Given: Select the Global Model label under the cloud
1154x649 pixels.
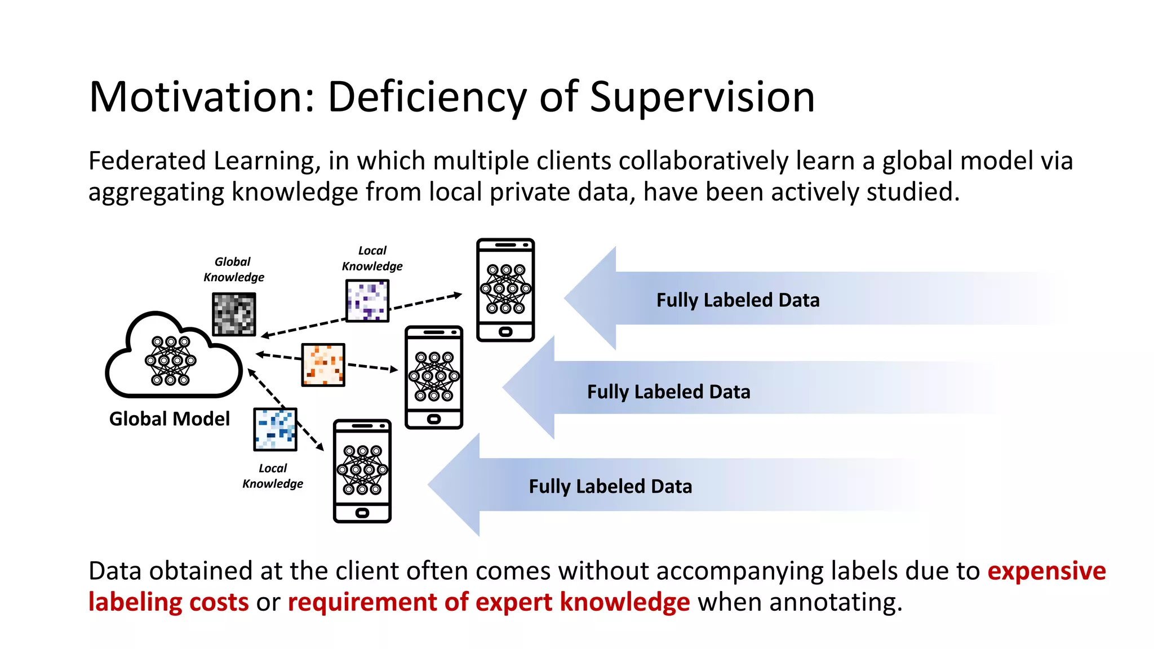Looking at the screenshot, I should pos(170,419).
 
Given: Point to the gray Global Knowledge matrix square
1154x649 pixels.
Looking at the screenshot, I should pos(234,314).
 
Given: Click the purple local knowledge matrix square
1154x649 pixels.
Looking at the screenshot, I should pos(367,300).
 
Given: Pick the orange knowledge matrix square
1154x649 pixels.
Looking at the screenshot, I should pos(323,364).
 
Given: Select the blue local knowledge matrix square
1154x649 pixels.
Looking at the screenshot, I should pos(275,429).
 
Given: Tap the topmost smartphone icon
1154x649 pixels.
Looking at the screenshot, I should pos(505,290).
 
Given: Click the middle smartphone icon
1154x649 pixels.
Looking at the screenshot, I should pos(434,377).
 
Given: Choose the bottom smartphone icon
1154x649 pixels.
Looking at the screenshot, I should pos(362,470).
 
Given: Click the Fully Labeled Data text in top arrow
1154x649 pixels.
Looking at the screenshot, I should pos(738,300).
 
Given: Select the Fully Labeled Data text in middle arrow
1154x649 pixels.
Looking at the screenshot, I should pos(668,392).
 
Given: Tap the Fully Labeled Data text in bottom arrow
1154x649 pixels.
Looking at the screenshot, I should pos(610,487).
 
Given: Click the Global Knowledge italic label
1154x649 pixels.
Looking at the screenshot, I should pos(233,269).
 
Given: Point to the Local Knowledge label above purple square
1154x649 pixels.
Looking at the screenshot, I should pos(372,259).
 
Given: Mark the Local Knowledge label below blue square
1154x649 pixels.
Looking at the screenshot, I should pos(273,476).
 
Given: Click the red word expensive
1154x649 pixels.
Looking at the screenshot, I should pos(1046,571).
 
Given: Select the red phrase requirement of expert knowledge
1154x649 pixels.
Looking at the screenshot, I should pos(489,602).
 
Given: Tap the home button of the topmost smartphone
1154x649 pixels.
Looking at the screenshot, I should pos(505,332).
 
